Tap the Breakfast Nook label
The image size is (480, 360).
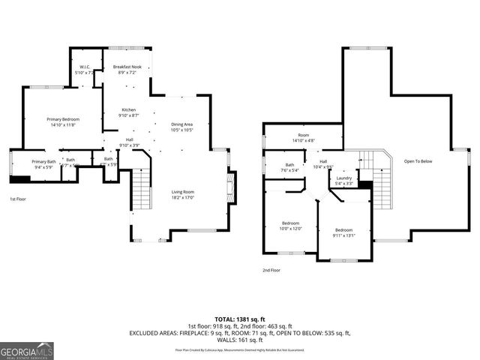(127, 67)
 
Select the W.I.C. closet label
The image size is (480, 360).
(85, 67)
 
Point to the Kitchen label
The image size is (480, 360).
(130, 110)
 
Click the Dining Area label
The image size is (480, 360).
(182, 124)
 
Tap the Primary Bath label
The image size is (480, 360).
(43, 161)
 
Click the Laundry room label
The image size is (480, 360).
(344, 178)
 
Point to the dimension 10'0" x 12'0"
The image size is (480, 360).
(291, 228)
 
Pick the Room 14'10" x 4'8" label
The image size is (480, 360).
(303, 137)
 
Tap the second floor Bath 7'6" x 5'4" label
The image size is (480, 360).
(289, 167)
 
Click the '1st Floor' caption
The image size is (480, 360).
(19, 199)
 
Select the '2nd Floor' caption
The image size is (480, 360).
(271, 270)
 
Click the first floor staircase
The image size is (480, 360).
(141, 191)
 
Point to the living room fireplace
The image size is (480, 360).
(232, 184)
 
